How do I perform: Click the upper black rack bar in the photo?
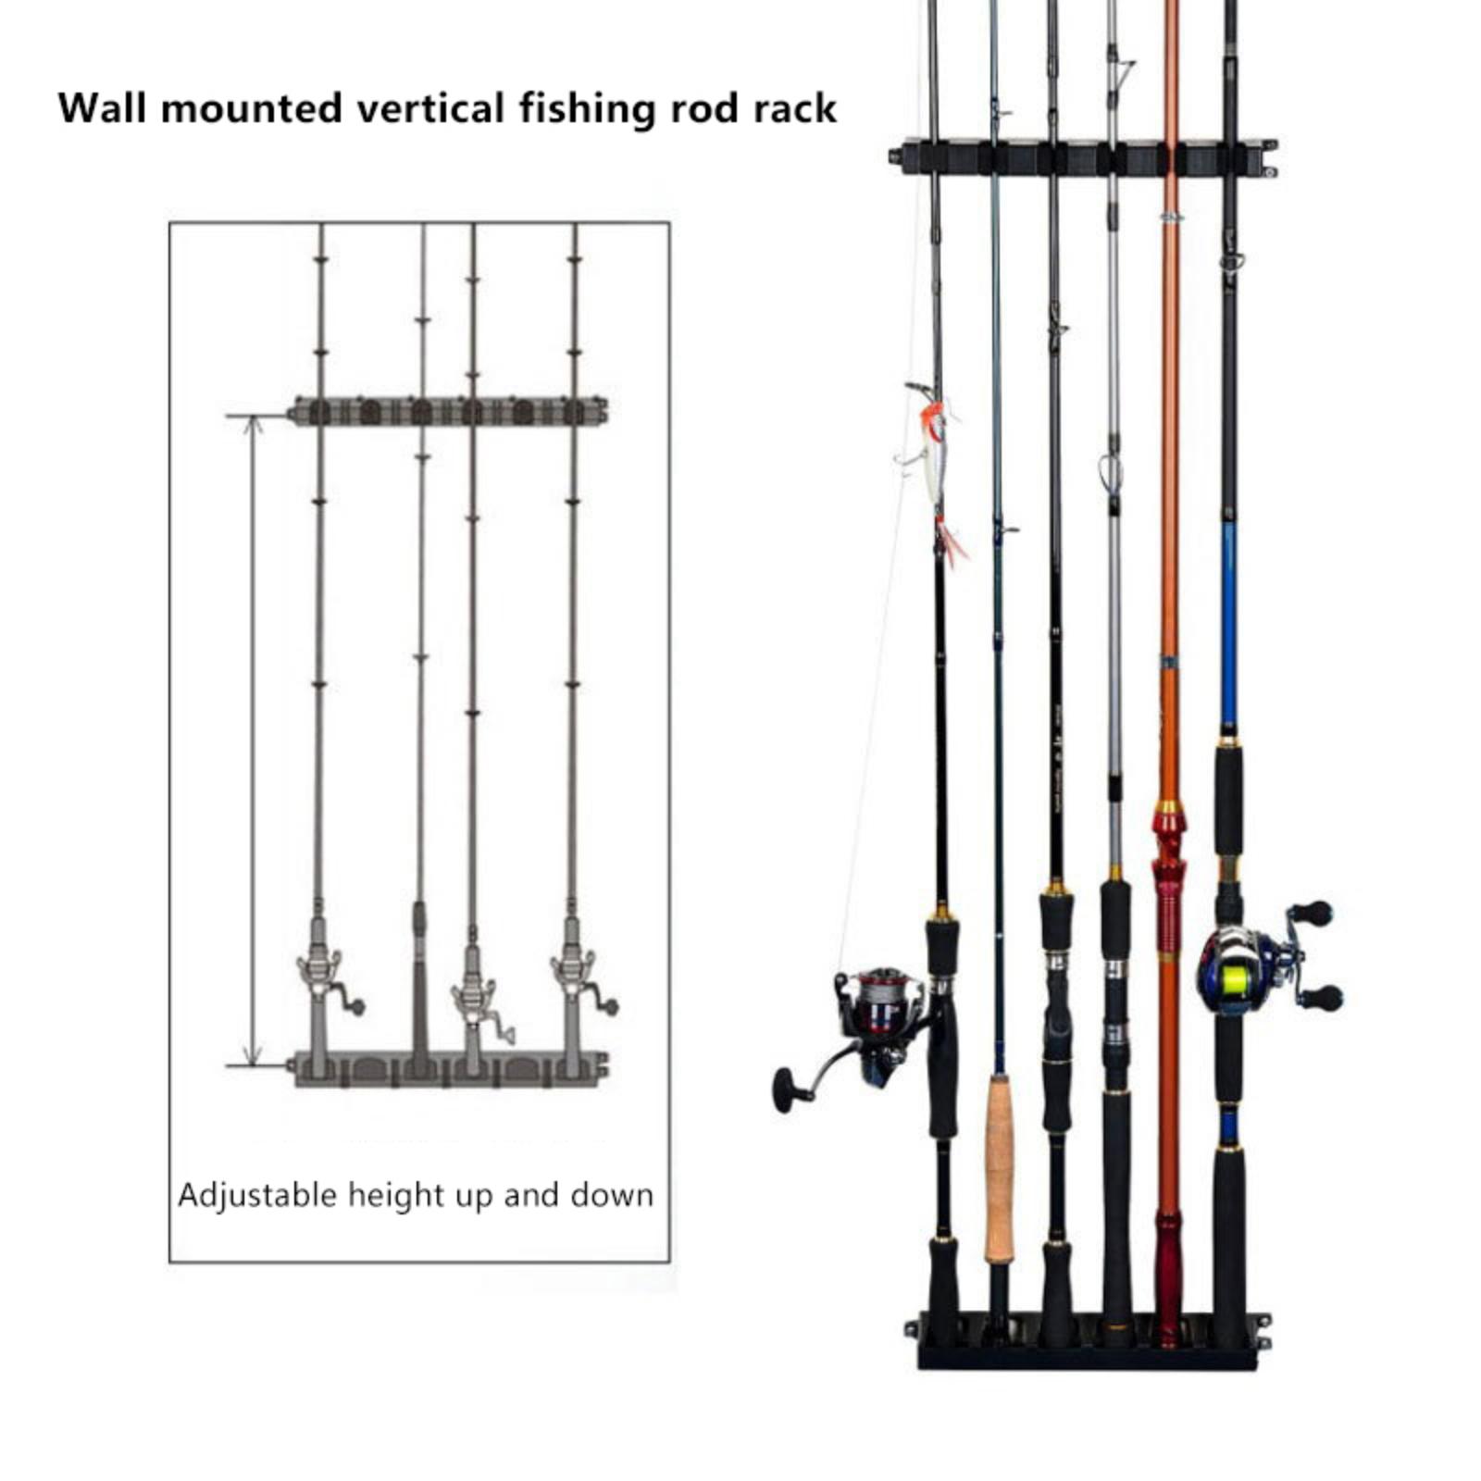[x=1083, y=157]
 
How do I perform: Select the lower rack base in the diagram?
[x=449, y=1069]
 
